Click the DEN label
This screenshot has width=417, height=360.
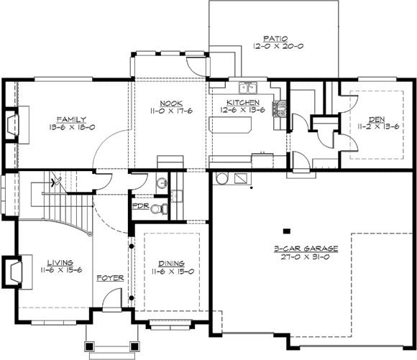coord(377,119)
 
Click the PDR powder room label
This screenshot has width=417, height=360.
coord(140,206)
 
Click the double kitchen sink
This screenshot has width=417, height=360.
coord(248,88)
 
